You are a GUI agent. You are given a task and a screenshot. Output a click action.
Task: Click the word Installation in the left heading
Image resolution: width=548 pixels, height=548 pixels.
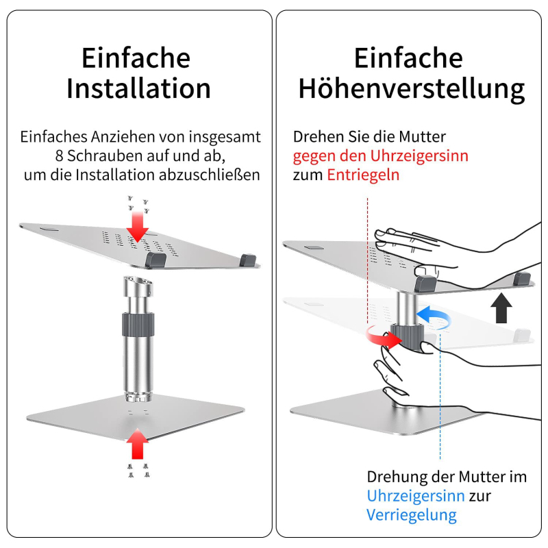tap(139, 88)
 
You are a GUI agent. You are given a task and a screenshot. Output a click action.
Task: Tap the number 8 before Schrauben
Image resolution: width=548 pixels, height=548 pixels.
tap(59, 156)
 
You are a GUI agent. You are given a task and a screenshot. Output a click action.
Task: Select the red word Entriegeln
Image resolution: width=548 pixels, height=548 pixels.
tap(363, 175)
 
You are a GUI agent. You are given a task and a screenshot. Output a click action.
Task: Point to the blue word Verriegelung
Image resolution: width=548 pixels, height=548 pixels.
tap(412, 515)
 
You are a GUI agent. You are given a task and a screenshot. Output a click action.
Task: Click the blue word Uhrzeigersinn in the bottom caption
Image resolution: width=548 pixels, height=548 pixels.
tap(416, 496)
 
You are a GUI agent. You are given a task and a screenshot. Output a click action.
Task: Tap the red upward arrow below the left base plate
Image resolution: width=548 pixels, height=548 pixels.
tap(138, 443)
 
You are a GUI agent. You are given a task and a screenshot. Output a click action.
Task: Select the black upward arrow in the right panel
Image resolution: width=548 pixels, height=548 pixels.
tap(501, 308)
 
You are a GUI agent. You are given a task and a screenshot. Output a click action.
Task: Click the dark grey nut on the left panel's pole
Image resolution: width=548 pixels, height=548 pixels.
tap(138, 325)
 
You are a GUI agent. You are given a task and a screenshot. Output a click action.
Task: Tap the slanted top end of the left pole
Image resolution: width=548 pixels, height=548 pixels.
tap(138, 282)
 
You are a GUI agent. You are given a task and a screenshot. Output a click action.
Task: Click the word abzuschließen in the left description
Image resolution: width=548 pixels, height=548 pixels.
tap(210, 175)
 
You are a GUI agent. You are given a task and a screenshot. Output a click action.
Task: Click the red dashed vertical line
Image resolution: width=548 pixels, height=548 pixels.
tap(367, 260)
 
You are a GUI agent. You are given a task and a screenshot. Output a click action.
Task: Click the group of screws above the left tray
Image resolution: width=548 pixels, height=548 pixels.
tap(138, 205)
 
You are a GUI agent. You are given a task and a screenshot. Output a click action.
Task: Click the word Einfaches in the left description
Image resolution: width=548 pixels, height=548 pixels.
tap(53, 136)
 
